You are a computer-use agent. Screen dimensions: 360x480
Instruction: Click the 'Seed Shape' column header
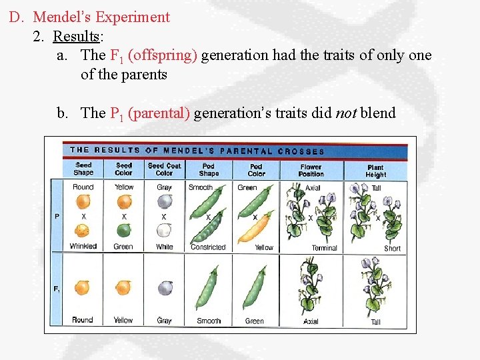click(x=83, y=169)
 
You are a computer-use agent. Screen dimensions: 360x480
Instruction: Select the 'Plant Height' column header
click(x=375, y=171)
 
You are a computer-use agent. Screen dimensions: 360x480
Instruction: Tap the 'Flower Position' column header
click(x=311, y=171)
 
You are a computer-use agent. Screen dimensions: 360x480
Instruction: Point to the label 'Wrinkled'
click(x=83, y=247)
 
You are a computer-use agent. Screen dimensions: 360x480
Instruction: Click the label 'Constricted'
click(x=208, y=247)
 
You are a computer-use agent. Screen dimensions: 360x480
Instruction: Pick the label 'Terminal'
click(x=325, y=248)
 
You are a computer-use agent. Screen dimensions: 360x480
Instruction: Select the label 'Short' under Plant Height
click(x=392, y=248)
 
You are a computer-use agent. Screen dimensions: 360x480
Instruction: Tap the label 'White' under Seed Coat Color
click(x=164, y=247)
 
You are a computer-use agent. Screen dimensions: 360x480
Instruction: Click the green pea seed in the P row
click(x=123, y=231)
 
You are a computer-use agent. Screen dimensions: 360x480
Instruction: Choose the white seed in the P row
click(x=164, y=231)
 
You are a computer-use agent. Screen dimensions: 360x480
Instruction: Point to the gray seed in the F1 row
click(x=164, y=287)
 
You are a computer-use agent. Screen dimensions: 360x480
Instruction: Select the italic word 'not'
click(x=345, y=113)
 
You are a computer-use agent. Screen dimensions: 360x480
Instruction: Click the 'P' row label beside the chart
click(x=57, y=217)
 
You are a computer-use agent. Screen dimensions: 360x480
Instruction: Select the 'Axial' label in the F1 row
click(x=311, y=321)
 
